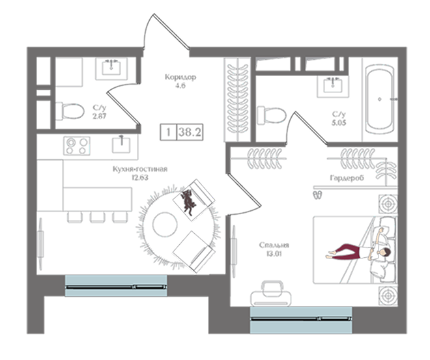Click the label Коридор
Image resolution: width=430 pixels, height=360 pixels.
pos(180,77)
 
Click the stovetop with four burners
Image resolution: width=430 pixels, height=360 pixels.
pos(77,145)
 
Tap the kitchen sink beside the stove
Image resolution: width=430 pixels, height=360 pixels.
pos(120,145)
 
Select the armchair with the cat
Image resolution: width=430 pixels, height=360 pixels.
pos(193,199)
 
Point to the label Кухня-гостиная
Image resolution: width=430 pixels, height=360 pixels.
pos(140,169)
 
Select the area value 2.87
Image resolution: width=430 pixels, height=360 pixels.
pos(100,115)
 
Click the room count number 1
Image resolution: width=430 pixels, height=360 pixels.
pos(168,132)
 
